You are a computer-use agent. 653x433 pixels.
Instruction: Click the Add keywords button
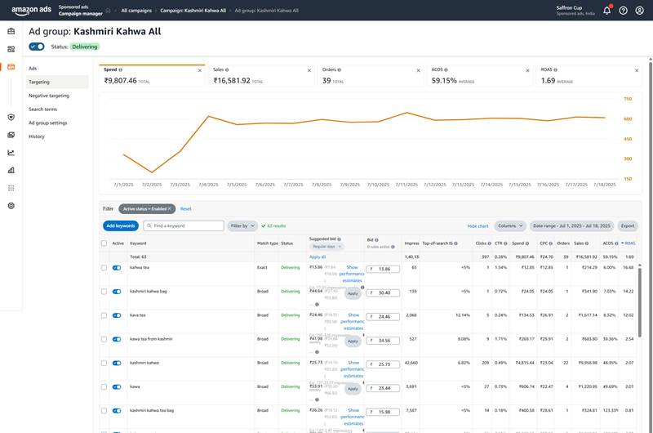point(121,225)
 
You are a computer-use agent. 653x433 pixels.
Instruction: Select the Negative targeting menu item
point(49,96)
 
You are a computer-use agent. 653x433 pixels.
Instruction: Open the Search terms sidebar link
point(42,109)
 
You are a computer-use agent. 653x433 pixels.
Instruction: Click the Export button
point(628,225)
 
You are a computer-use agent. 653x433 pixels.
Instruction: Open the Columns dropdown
point(510,225)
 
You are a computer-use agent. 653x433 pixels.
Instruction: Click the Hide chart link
point(478,225)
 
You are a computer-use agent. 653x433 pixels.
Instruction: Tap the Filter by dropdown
point(242,225)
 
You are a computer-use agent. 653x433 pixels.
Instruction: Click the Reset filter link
point(185,208)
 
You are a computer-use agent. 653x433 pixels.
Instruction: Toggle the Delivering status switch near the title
point(37,47)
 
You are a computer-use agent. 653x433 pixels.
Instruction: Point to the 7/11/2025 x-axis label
point(406,185)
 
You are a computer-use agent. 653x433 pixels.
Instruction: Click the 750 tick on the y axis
point(628,99)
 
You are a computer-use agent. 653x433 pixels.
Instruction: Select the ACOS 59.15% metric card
point(478,77)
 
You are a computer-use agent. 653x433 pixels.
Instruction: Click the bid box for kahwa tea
point(383,269)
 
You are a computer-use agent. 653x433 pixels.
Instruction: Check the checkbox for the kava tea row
point(104,315)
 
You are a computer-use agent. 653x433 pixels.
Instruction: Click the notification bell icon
point(606,10)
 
